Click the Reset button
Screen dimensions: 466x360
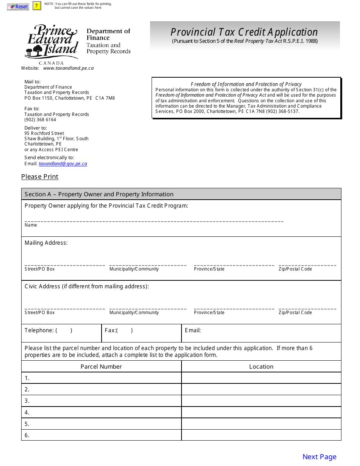18,6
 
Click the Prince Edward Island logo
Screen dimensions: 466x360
52,42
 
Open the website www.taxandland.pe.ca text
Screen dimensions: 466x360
68,68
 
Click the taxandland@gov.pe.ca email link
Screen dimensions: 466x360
63,164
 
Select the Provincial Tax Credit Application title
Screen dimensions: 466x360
244,32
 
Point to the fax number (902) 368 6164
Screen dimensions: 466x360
40,120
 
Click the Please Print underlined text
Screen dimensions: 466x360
40,177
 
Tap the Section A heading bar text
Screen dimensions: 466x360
99,194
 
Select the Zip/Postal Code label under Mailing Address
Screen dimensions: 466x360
295,269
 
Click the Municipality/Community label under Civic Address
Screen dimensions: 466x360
134,313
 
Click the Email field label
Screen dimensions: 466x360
193,330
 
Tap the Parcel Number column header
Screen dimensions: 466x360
101,366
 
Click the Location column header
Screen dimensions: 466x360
261,366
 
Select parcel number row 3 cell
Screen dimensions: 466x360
101,401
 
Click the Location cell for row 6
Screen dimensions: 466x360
261,435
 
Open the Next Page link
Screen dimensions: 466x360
319,457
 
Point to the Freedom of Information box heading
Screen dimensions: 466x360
246,84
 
